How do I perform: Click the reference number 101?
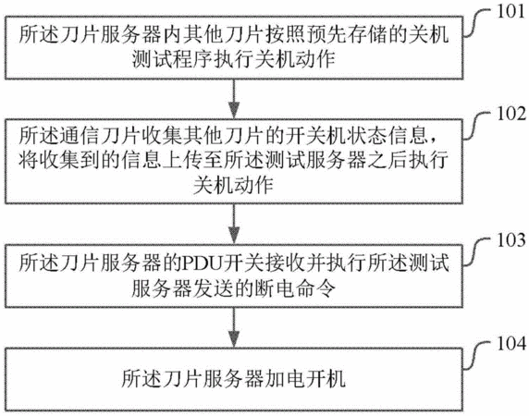pyautogui.click(x=511, y=11)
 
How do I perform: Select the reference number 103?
pyautogui.click(x=511, y=240)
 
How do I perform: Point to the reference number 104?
pyautogui.click(x=511, y=344)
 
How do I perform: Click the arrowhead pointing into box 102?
pyautogui.click(x=234, y=111)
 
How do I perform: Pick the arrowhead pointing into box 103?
pyautogui.click(x=234, y=236)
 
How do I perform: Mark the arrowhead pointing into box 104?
pyautogui.click(x=234, y=339)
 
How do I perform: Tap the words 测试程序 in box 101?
pyautogui.click(x=172, y=60)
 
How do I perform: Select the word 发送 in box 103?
pyautogui.click(x=214, y=289)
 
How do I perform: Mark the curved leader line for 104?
pyautogui.click(x=476, y=355)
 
